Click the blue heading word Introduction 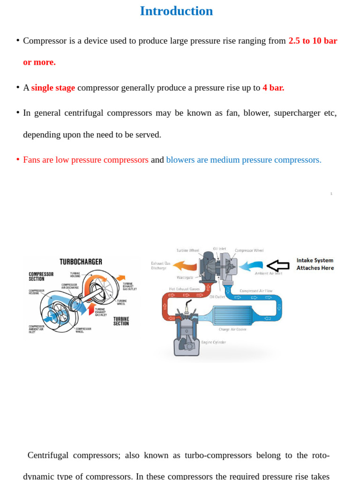(x=176, y=11)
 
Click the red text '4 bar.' (x=273, y=88)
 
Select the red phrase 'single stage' (x=53, y=88)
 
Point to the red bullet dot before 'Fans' (x=18, y=159)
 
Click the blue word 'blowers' (x=180, y=160)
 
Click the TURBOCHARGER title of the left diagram (x=81, y=262)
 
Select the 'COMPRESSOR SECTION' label (x=41, y=277)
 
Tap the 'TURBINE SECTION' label (x=121, y=321)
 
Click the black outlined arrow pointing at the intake (x=278, y=266)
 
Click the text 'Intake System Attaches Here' (x=315, y=264)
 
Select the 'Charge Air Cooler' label (x=232, y=330)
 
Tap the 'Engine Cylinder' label (x=213, y=342)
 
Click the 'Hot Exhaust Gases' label (x=184, y=289)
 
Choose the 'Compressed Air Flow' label (x=255, y=291)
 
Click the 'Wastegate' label (x=185, y=277)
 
